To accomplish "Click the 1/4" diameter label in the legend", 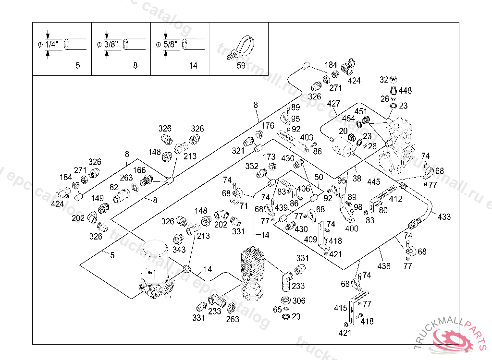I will point(51,45).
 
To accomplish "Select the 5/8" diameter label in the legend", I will point(171,45).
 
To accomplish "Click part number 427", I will point(333,104).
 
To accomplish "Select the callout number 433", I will point(444,217).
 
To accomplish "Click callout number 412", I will point(395,199).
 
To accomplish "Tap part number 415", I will point(341,308).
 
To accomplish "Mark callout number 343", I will point(179,250).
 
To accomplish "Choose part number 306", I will point(299,301).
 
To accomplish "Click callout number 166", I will point(139,170).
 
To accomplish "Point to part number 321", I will point(238,151).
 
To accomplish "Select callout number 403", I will point(307,138).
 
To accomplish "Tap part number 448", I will point(405,91).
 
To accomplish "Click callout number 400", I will point(352,228).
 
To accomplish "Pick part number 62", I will point(113,187).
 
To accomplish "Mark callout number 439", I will point(281,207).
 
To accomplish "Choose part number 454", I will point(348,119).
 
